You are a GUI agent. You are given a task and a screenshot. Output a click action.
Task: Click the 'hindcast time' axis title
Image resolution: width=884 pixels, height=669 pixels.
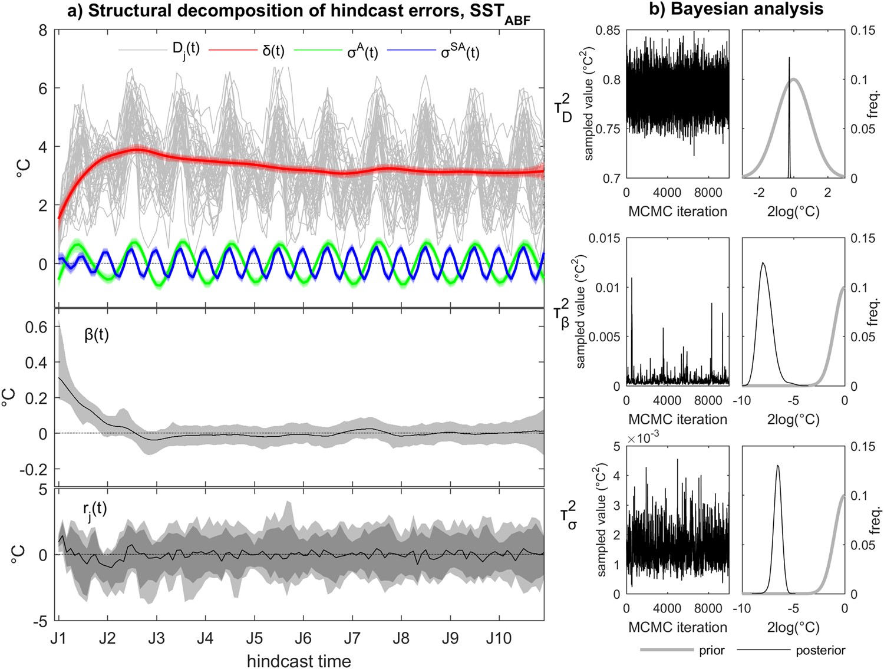299,660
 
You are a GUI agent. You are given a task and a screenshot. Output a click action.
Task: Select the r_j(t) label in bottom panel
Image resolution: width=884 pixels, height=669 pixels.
95,508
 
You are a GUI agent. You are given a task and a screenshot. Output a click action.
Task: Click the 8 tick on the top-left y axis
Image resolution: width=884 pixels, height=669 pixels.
43,30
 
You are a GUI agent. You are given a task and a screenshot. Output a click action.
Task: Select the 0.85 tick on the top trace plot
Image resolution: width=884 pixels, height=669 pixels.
607,30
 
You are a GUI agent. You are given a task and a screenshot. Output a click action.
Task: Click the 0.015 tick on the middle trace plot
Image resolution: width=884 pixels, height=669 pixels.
605,238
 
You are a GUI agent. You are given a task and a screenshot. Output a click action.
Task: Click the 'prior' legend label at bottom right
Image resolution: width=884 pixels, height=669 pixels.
712,650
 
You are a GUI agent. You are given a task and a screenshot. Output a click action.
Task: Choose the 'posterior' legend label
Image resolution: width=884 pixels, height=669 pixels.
820,650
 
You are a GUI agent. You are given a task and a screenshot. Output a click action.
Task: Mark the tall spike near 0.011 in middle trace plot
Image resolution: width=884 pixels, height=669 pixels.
632,278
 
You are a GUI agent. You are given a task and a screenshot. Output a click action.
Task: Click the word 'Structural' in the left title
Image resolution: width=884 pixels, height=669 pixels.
124,10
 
